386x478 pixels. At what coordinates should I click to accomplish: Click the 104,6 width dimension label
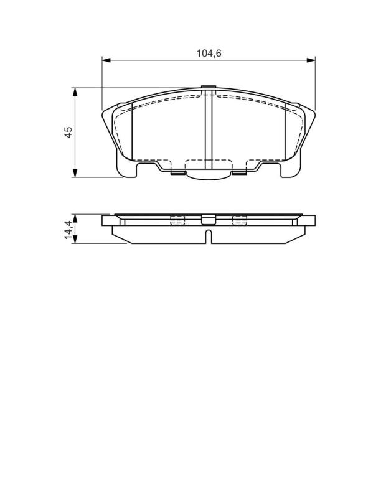tap(209, 54)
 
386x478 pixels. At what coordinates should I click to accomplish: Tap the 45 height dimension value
tap(68, 132)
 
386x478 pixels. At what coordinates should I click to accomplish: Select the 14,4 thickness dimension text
tap(68, 230)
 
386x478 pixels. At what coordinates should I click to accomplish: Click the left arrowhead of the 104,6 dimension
tap(106, 60)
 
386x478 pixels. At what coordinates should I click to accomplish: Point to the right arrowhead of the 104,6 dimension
tap(311, 60)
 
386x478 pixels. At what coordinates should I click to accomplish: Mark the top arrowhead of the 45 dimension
tap(75, 92)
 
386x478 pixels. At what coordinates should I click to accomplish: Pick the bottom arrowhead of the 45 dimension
tap(75, 173)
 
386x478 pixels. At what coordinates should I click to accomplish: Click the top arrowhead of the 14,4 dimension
tap(75, 218)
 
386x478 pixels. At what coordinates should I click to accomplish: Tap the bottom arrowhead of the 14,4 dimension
tap(75, 239)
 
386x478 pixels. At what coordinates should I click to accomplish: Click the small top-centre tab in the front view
tap(209, 88)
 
